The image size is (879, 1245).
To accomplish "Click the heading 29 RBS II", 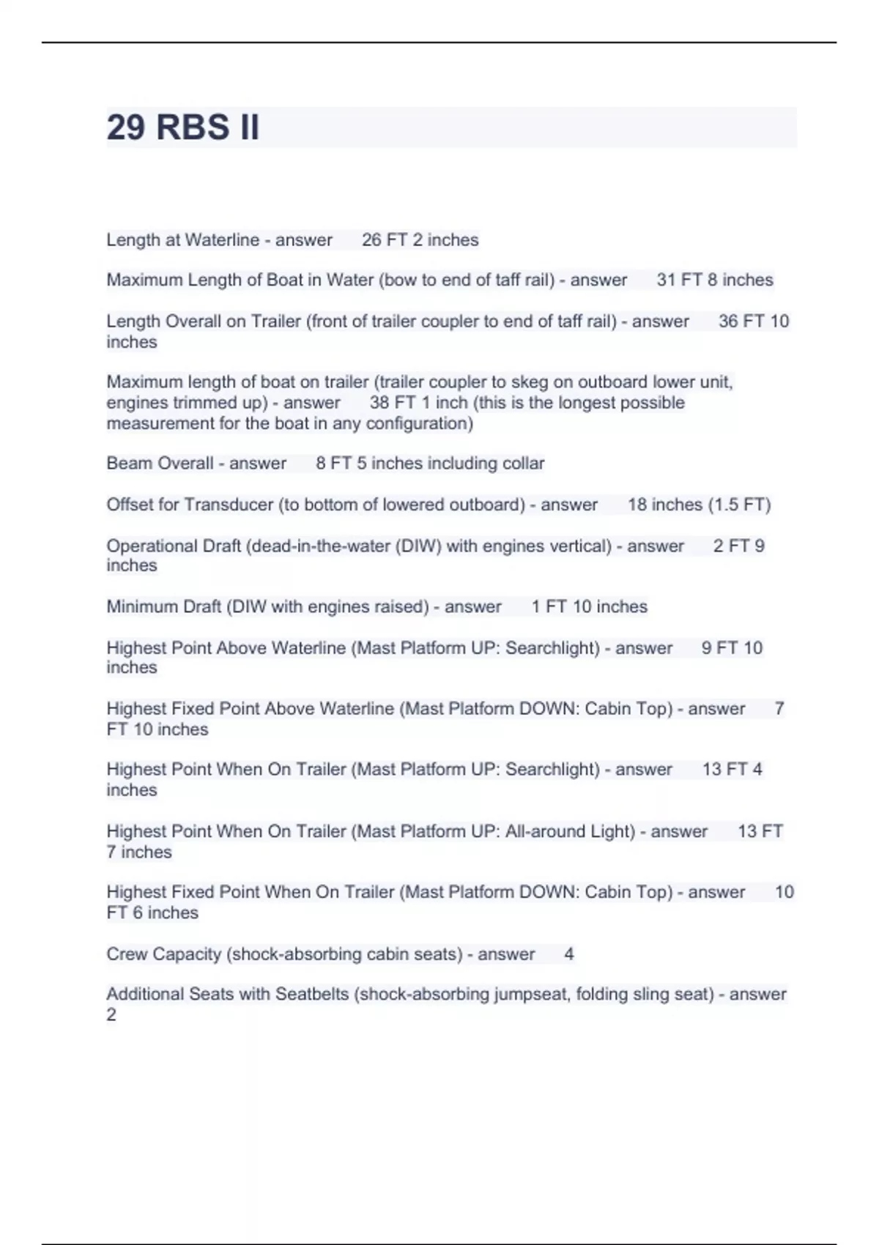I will coord(182,127).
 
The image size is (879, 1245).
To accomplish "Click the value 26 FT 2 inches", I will coord(420,240).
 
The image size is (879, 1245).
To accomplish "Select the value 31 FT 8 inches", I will coord(714,280).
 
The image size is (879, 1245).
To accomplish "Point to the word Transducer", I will coord(228,505).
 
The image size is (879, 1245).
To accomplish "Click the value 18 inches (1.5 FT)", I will coord(699,505).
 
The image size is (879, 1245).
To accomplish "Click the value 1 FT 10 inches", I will coord(589,607).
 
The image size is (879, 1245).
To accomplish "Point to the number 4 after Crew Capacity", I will coord(569,954).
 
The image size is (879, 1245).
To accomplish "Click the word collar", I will coord(523,464).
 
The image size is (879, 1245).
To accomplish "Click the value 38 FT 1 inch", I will coord(418,403).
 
